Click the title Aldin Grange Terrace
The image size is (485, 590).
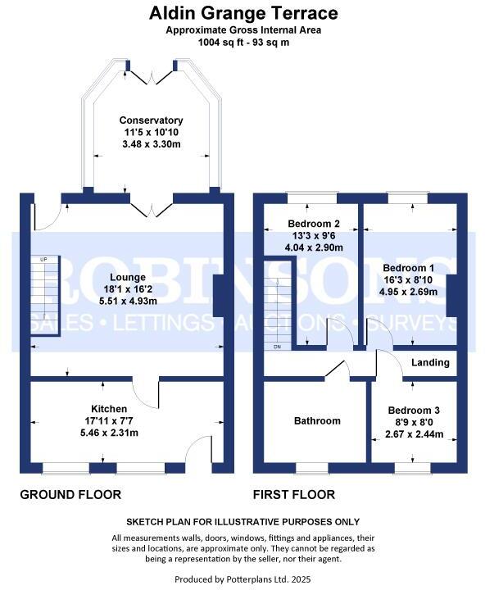(243, 13)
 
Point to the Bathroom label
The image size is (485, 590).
(317, 421)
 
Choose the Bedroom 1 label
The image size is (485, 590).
(408, 268)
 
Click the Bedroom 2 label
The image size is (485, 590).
(314, 224)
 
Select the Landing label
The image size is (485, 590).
(430, 362)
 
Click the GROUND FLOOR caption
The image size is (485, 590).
(70, 495)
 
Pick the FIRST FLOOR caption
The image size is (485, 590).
(294, 495)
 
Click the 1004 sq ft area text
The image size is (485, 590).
(243, 43)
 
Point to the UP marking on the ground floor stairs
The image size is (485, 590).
(43, 260)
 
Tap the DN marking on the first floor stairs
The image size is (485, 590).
(277, 347)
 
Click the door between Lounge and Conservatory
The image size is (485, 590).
(151, 206)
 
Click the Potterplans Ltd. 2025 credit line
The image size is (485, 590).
(243, 579)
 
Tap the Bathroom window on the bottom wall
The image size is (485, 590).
(310, 469)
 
